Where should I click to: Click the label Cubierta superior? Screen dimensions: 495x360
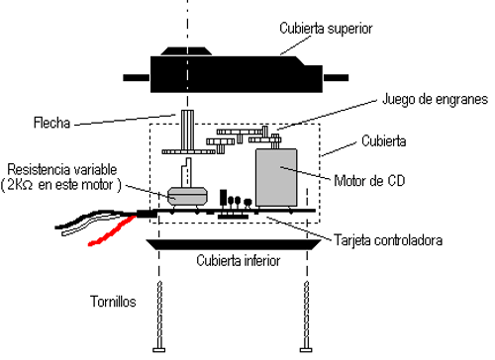326,29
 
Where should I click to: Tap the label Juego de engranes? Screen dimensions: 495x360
435,99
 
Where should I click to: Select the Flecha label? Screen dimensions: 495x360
52,123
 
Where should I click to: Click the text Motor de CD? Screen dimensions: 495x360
369,181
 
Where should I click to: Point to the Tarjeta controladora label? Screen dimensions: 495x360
388,240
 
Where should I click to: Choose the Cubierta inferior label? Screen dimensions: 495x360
239,261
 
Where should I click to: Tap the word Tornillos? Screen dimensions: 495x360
113,302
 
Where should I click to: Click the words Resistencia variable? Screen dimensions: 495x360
62,170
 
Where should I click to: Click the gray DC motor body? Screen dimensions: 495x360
276,178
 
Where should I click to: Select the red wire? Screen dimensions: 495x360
112,230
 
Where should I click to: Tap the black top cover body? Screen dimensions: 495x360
237,74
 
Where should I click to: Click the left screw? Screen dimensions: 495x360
159,316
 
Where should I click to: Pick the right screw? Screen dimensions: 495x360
306,316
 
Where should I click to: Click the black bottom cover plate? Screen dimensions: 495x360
234,244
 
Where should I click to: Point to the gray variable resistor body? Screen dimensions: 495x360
187,196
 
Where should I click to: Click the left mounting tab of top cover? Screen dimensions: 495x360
137,78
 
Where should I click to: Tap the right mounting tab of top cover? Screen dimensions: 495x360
336,78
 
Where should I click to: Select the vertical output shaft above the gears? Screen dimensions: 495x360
187,131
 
